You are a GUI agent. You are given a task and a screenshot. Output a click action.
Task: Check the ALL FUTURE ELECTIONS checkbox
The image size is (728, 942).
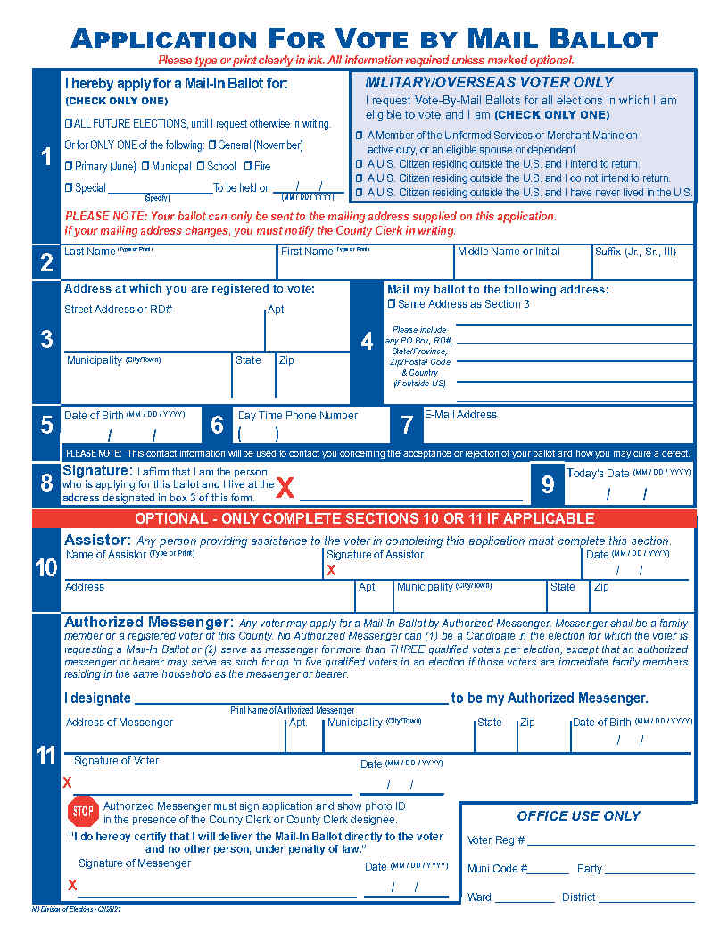[69, 123]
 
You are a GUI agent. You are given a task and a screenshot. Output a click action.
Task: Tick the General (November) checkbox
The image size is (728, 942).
[212, 145]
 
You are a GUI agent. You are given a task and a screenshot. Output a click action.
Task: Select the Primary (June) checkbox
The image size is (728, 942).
[69, 166]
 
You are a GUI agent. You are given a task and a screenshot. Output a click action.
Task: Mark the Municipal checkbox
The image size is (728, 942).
[146, 166]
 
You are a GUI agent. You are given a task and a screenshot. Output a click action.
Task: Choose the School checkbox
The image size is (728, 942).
[202, 166]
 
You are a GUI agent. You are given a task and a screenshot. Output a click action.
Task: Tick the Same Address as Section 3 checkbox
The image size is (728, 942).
[392, 304]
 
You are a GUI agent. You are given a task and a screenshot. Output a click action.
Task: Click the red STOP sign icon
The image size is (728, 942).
[83, 811]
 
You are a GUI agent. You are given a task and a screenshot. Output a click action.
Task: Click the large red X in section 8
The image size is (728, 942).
[285, 488]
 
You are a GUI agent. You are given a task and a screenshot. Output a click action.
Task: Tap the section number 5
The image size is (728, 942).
[46, 425]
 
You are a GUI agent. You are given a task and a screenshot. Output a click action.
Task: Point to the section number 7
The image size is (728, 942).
[407, 425]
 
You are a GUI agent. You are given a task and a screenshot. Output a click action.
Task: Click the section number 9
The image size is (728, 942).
[548, 484]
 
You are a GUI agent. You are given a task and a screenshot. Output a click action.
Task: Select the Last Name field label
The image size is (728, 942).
[89, 252]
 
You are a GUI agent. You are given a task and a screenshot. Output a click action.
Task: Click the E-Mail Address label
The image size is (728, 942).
[460, 415]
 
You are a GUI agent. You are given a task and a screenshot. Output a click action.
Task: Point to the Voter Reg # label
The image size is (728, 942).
[496, 840]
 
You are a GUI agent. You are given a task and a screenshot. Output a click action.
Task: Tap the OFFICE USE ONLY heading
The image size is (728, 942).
[578, 815]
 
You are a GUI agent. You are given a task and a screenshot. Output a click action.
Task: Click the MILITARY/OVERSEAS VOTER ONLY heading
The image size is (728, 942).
[490, 82]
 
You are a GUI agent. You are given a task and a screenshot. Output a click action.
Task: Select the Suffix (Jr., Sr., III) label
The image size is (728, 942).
[635, 252]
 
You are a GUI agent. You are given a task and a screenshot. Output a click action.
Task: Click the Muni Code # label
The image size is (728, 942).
[498, 869]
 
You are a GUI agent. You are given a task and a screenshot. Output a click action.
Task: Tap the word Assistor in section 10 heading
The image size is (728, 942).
[97, 540]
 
